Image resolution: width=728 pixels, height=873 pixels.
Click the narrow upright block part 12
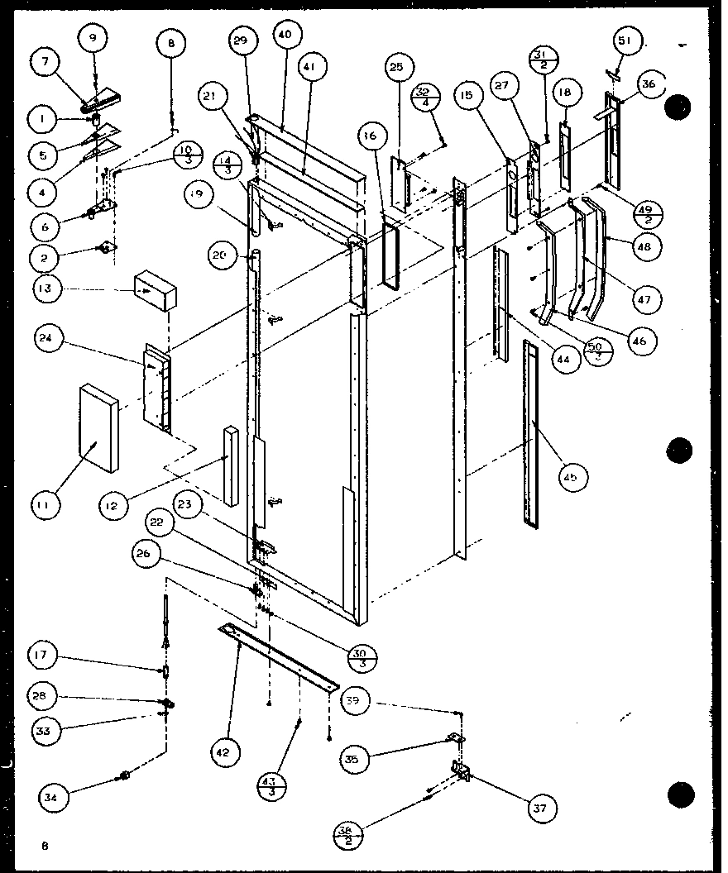tap(231, 465)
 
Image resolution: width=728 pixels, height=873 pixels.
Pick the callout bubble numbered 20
tap(218, 255)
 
